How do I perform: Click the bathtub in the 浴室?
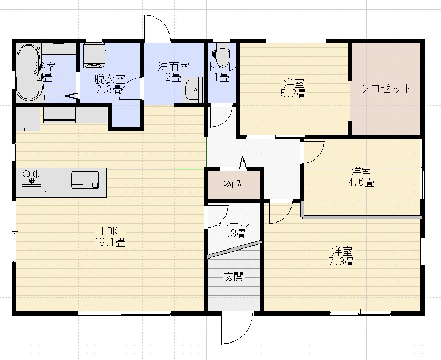click(29, 72)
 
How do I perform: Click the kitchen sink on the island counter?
click(85, 180)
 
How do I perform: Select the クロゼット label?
click(386, 88)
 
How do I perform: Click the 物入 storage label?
click(234, 184)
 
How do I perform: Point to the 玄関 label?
click(233, 276)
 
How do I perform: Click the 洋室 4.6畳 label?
click(362, 177)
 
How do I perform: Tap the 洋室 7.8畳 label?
click(343, 256)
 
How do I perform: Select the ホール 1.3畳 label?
click(234, 228)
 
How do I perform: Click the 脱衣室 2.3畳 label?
click(109, 84)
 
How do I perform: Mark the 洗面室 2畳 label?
click(173, 72)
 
